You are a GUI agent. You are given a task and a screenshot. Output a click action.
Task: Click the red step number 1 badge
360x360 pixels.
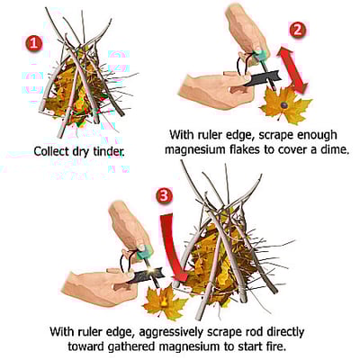pyautogui.click(x=34, y=43)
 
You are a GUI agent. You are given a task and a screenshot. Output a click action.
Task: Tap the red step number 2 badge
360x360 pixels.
pyautogui.click(x=297, y=30)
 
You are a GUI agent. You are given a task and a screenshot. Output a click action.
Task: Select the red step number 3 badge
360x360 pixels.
pyautogui.click(x=165, y=196)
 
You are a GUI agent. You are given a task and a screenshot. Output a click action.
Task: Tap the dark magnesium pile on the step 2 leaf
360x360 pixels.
pyautogui.click(x=283, y=104)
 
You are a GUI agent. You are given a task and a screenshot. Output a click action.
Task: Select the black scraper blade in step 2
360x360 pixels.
pyautogui.click(x=264, y=78)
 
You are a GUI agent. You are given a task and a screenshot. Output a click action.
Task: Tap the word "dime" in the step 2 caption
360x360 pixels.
pyautogui.click(x=335, y=149)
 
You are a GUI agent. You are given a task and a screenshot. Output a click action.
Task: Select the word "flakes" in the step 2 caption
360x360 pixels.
pyautogui.click(x=242, y=149)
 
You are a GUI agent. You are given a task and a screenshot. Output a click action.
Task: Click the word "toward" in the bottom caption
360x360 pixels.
pyautogui.click(x=85, y=346)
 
